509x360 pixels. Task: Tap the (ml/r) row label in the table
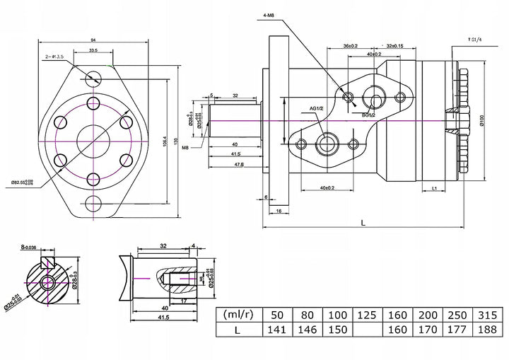238,315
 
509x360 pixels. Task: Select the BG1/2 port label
368,115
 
